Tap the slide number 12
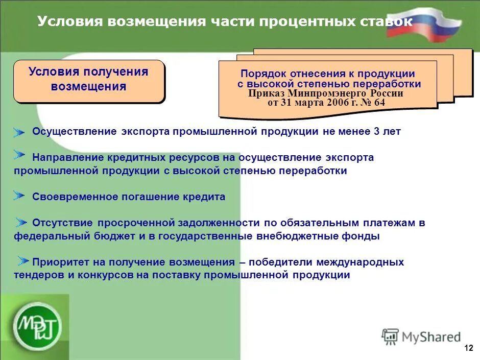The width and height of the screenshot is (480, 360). [x=468, y=348]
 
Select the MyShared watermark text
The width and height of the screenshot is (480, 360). [x=431, y=337]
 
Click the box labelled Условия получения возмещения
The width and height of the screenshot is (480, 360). [x=89, y=80]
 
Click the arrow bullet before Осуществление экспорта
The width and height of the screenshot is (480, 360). [x=19, y=132]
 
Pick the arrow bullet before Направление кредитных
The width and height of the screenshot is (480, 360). [x=19, y=155]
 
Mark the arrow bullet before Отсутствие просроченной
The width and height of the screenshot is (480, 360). [x=20, y=222]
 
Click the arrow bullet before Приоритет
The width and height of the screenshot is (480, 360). [x=23, y=260]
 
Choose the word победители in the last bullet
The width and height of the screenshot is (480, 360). [x=281, y=262]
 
